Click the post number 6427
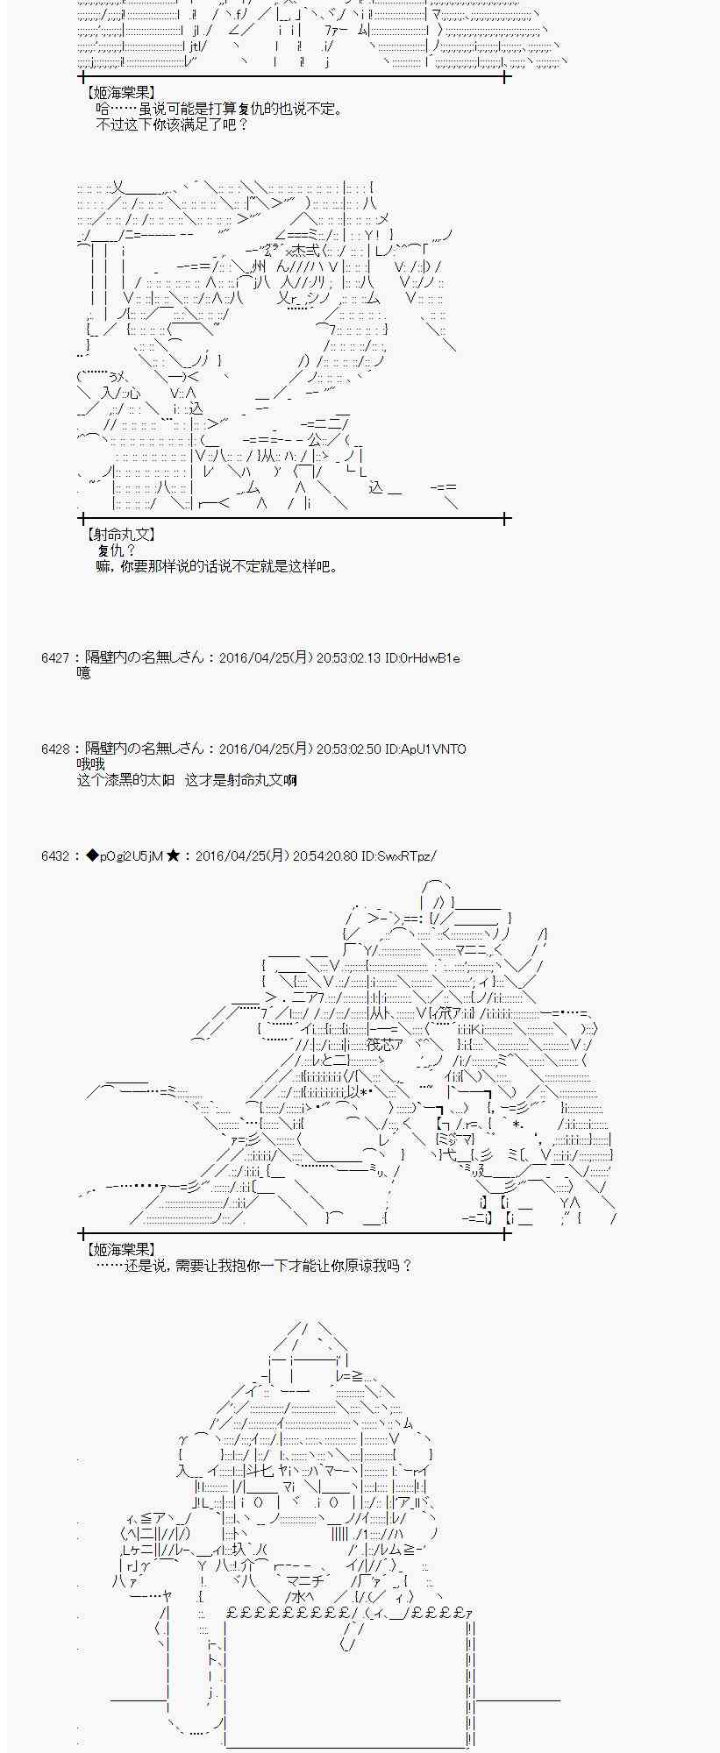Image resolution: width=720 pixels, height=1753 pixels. tap(54, 657)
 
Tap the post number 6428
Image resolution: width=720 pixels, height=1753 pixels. tap(54, 749)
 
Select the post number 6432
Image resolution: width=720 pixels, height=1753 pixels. tap(54, 855)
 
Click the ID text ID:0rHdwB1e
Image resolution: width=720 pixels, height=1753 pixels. tap(423, 657)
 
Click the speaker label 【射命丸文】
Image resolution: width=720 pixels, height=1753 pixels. tap(120, 534)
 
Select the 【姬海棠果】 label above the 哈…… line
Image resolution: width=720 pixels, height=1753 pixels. tap(120, 92)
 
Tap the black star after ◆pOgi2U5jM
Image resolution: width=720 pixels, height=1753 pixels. tap(173, 855)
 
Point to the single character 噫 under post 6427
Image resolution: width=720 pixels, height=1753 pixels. tap(84, 673)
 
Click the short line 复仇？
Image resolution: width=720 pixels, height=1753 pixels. tap(117, 550)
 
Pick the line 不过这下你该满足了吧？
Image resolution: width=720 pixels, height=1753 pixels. tap(172, 124)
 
